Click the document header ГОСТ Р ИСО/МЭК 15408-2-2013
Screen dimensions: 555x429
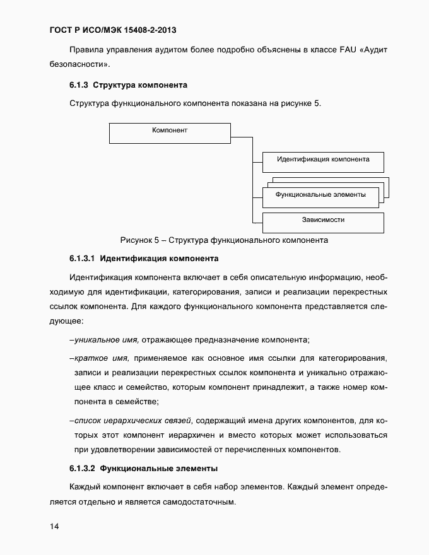click(x=113, y=30)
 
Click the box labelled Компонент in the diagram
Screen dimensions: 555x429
click(x=170, y=133)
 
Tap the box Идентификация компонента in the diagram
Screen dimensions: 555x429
click(x=322, y=161)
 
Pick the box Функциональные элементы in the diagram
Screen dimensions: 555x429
click(x=320, y=195)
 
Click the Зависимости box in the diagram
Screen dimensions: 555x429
click(x=322, y=221)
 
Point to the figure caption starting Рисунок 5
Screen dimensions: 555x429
click(x=223, y=240)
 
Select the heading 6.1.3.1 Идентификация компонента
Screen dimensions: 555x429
click(x=144, y=259)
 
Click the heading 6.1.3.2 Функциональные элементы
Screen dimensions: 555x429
click(x=144, y=469)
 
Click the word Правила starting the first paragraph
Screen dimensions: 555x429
click(x=85, y=49)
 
